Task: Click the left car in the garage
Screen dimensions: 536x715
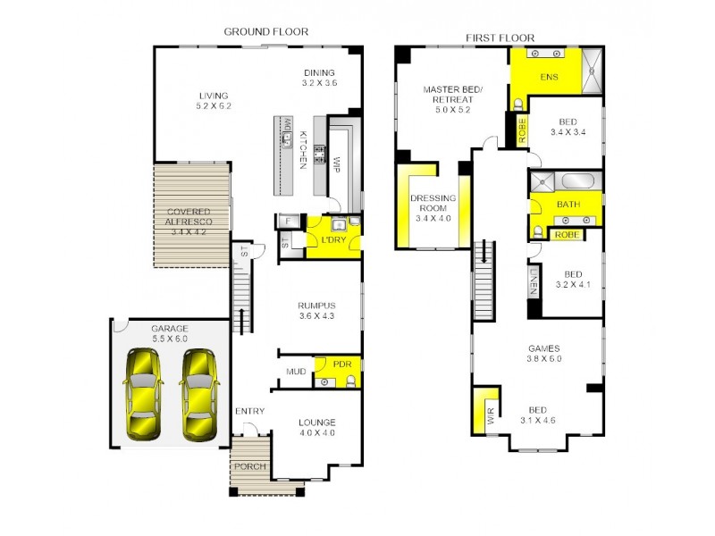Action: click(143, 393)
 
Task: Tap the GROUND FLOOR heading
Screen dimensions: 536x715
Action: click(265, 31)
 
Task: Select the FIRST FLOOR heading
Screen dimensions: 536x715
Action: click(500, 38)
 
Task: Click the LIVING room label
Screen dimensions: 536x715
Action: click(214, 96)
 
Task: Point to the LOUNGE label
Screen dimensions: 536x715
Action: click(317, 423)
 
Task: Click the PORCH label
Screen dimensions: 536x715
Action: click(250, 467)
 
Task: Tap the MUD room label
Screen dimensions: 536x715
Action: click(296, 371)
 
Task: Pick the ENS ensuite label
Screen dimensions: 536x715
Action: click(549, 77)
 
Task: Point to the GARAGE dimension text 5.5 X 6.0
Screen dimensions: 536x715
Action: click(169, 339)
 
